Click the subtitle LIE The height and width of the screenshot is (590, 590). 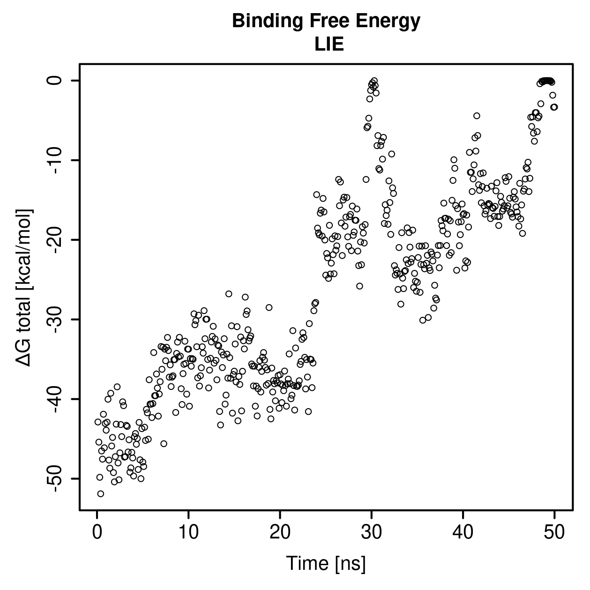point(329,44)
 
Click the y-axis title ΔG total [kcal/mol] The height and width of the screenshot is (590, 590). point(24,288)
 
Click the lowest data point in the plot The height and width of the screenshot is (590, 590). point(100,494)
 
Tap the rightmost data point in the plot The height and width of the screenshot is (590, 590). point(554,107)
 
